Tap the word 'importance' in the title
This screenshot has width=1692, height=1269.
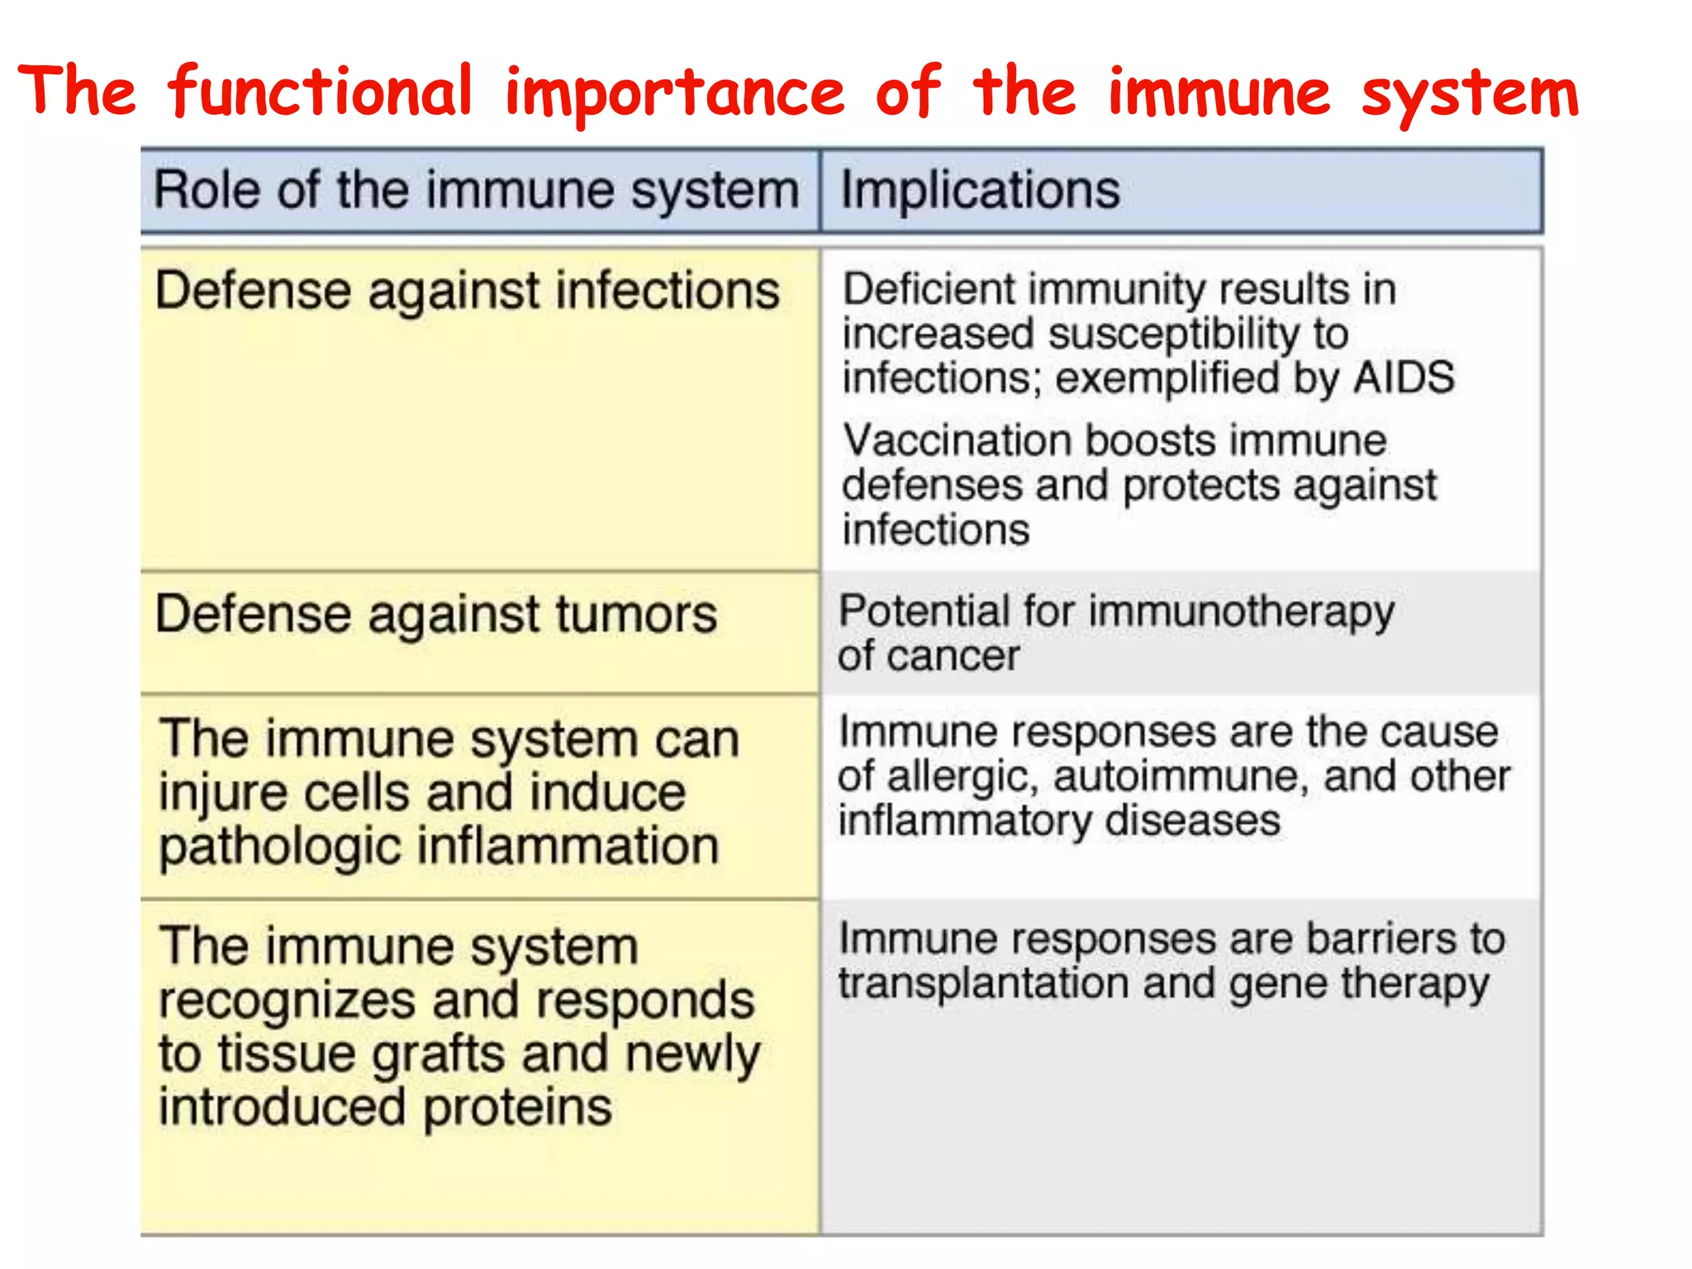click(675, 93)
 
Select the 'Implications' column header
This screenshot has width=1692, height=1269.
click(980, 190)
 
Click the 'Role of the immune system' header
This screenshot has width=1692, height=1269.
click(477, 190)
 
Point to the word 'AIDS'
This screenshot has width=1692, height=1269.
click(1404, 378)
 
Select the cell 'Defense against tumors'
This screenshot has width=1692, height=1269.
click(436, 615)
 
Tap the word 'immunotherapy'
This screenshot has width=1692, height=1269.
click(1242, 613)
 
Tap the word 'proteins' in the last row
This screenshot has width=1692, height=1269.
click(517, 1108)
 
